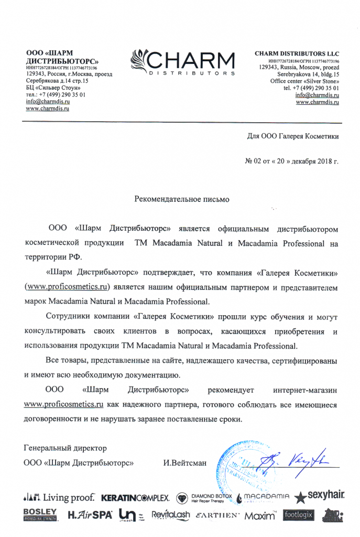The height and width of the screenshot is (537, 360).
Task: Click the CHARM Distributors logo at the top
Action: click(x=182, y=62)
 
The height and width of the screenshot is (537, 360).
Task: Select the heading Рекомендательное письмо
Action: click(x=182, y=199)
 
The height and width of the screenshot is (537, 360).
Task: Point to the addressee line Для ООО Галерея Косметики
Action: click(x=292, y=136)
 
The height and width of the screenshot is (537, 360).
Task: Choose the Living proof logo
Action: click(x=59, y=497)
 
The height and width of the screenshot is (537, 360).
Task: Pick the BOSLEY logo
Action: click(x=40, y=514)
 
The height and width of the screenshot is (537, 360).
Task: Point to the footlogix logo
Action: click(x=299, y=515)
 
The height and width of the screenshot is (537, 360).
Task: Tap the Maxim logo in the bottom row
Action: click(x=260, y=516)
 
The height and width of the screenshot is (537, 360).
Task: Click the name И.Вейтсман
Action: click(x=184, y=463)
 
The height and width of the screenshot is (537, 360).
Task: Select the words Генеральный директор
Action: click(x=66, y=448)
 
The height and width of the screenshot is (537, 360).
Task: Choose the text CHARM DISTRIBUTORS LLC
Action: click(x=297, y=54)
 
